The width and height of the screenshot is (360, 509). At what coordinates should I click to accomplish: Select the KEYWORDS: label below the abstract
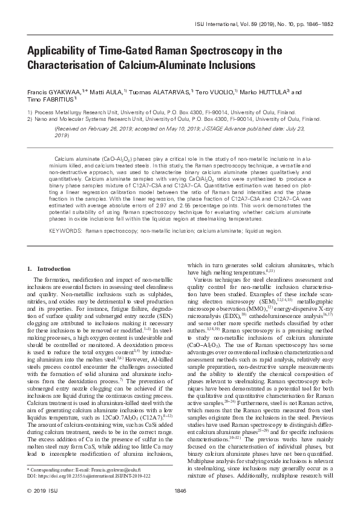coord(65,230)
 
